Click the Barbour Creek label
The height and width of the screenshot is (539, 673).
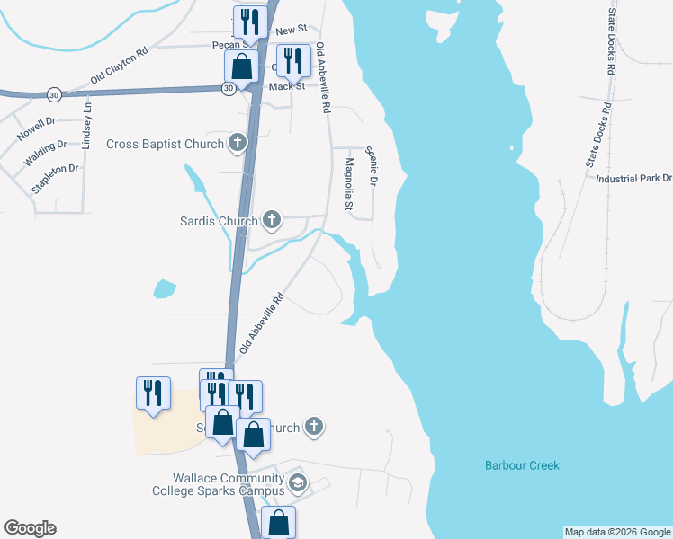click(x=522, y=465)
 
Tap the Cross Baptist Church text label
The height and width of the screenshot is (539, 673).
click(x=164, y=144)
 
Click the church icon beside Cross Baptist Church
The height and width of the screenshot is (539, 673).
click(x=238, y=143)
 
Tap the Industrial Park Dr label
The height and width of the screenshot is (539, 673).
click(x=634, y=179)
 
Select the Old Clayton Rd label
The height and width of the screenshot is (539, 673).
click(x=119, y=67)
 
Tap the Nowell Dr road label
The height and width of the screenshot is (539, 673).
click(x=36, y=129)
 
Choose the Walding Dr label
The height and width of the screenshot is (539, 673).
click(x=45, y=152)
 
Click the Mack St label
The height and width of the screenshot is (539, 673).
click(x=288, y=86)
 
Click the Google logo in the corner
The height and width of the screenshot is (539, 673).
click(x=30, y=528)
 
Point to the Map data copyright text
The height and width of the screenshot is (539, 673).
click(x=617, y=532)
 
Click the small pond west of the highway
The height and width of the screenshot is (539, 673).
click(x=164, y=289)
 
